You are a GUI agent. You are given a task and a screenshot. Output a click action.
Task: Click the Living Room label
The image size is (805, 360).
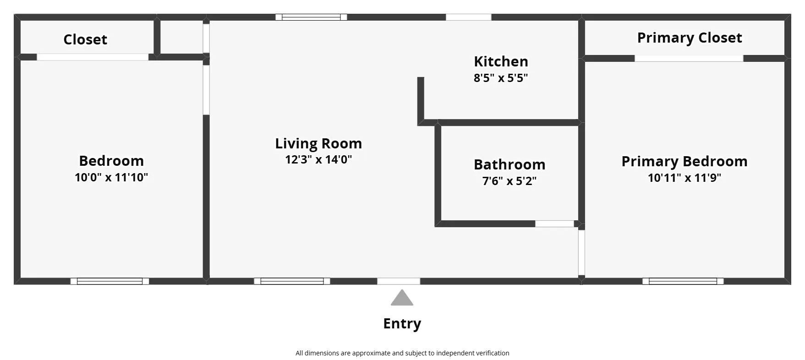[x=318, y=143]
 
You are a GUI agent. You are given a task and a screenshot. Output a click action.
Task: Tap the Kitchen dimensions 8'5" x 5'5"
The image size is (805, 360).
[x=501, y=78]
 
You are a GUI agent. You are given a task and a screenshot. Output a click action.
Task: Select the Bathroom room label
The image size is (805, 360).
[x=509, y=164]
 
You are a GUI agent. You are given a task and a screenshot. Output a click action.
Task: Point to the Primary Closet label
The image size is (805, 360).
[x=690, y=38]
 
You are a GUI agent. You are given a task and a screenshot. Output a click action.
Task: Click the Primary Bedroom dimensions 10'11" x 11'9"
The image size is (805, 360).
[x=685, y=178]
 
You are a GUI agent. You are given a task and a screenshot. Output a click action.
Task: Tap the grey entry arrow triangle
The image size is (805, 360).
[x=402, y=299]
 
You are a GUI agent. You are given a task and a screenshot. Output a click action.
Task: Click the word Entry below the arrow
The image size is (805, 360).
[x=402, y=323]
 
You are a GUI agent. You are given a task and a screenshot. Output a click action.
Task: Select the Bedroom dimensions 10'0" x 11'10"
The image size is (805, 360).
[x=111, y=177]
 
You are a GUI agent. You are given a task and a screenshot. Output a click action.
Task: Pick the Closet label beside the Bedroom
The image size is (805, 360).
[x=85, y=39]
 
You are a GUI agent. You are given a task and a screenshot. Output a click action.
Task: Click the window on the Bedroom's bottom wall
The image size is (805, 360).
[x=110, y=281]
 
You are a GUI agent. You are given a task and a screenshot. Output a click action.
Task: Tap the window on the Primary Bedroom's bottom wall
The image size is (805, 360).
[x=683, y=281]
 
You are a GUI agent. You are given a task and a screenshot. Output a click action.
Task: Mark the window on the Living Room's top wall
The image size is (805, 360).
[x=311, y=17]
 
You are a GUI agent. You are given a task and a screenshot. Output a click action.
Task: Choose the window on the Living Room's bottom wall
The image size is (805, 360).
[x=292, y=281]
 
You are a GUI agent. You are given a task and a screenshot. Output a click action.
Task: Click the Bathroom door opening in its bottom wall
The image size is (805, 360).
[x=554, y=224]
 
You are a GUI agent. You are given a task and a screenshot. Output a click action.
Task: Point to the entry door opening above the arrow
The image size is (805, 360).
[x=399, y=281]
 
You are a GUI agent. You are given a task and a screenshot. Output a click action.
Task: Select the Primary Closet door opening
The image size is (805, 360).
[x=689, y=59]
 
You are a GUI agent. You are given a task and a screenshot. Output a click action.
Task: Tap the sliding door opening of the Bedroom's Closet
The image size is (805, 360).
[x=93, y=57]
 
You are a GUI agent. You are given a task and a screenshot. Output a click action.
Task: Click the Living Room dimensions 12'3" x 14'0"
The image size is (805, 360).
[x=318, y=160]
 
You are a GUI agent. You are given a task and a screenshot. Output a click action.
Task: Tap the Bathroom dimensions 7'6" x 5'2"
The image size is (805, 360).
[x=509, y=181]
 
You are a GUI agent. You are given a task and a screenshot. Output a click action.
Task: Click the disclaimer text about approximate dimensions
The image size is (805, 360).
[x=402, y=353]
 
